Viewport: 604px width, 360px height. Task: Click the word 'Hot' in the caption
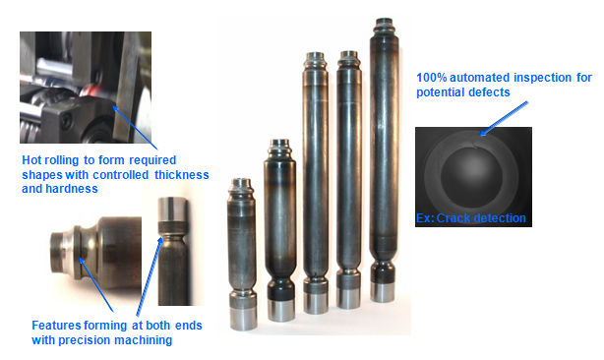coord(31,159)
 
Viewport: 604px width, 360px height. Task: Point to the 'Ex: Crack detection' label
coord(471,218)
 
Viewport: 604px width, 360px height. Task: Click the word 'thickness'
coord(182,175)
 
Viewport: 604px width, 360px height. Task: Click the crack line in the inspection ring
coord(475,145)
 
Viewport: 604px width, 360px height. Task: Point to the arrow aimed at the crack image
coord(504,119)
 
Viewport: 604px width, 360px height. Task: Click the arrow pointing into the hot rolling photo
coord(135,128)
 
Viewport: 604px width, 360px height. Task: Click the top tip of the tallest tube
coord(384,20)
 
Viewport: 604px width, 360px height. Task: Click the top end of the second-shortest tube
coord(280,143)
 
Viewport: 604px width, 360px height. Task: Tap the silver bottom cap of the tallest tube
coord(383,292)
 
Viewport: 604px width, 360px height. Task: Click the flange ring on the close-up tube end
coord(79,252)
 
